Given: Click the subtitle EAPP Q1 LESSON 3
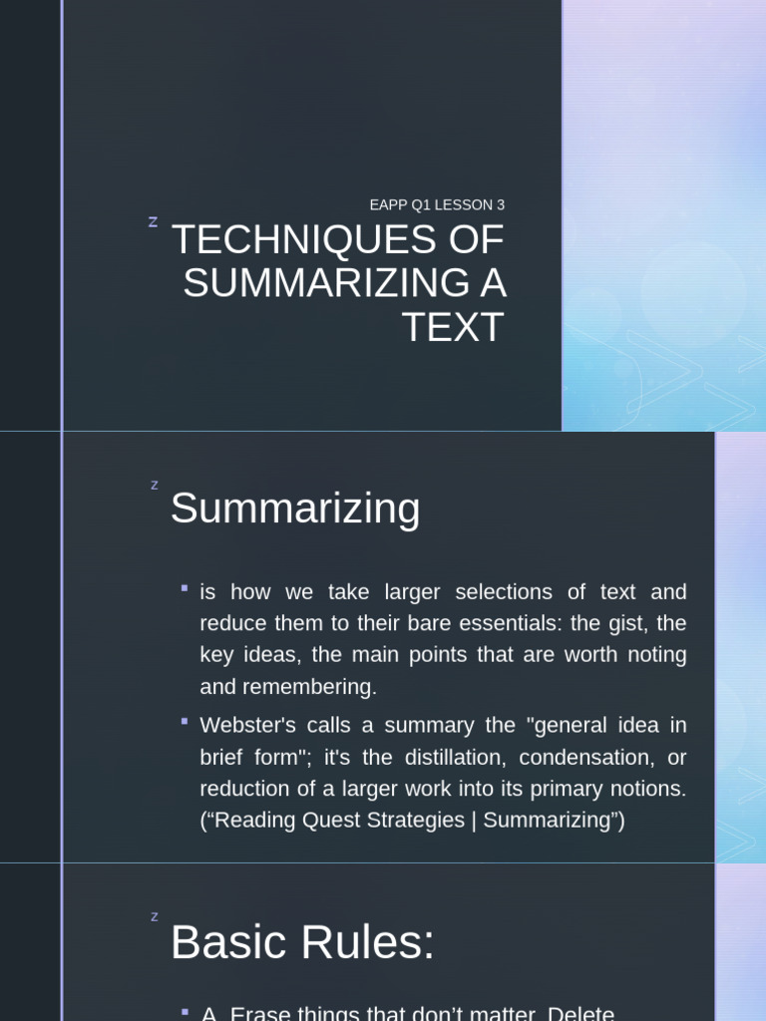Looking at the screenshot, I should (437, 205).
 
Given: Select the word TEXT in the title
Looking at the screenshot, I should (453, 328).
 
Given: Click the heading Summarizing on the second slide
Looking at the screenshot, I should (295, 509).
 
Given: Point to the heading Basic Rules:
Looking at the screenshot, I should (302, 942).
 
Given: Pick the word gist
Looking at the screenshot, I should (628, 623).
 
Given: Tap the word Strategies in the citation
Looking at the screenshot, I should (419, 821).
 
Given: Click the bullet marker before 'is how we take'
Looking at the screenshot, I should (185, 588).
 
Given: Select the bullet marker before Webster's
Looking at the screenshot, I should (185, 721).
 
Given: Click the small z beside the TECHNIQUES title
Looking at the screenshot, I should (153, 221).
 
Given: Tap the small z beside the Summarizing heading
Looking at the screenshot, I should (155, 486).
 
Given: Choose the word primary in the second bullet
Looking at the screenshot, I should (575, 789).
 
